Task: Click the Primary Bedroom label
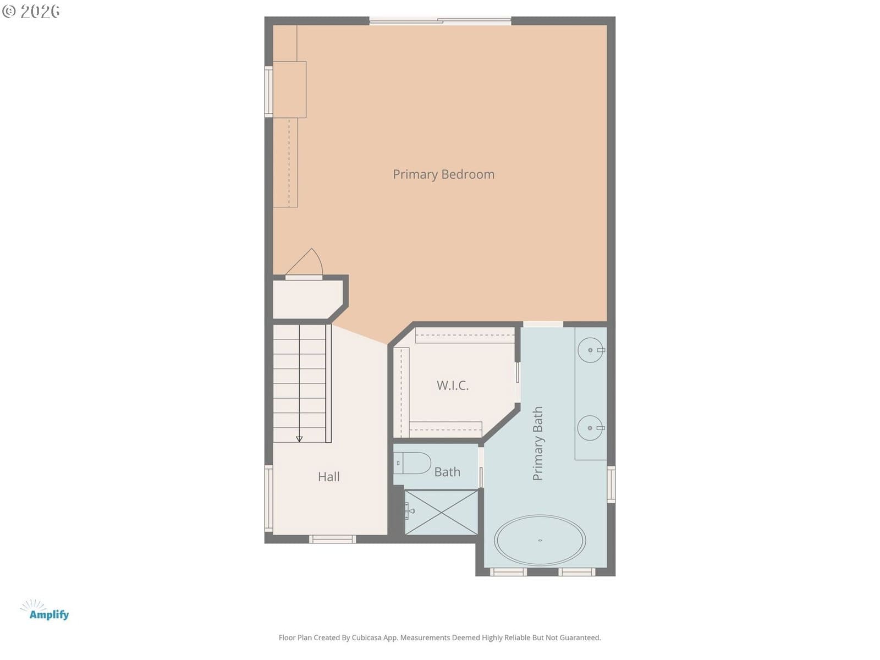[x=443, y=175]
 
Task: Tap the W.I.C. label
[x=452, y=386]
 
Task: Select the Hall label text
[x=329, y=477]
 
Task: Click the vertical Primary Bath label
[x=537, y=443]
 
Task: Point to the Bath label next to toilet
[x=447, y=472]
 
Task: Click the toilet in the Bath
[x=412, y=463]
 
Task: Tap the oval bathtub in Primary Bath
[x=540, y=540]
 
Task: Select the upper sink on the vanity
[x=591, y=350]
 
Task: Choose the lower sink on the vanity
[x=591, y=428]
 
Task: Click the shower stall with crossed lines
[x=441, y=513]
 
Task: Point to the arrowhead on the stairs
[x=299, y=439]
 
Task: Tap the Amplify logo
[x=45, y=610]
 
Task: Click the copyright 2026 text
[x=31, y=11]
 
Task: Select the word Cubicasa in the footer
[x=366, y=637]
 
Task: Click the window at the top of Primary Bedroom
[x=440, y=21]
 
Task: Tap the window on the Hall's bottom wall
[x=332, y=540]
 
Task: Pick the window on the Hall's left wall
[x=268, y=498]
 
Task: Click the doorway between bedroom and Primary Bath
[x=543, y=324]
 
